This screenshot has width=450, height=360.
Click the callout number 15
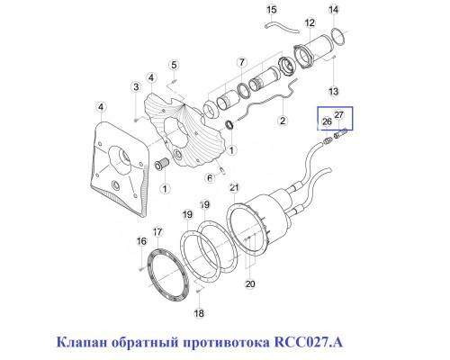(272, 9)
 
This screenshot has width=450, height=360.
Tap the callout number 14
(334, 9)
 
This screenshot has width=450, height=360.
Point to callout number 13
(333, 92)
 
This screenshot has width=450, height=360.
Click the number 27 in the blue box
(339, 114)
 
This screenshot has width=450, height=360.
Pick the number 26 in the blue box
(327, 121)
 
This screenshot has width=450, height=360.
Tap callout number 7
(240, 61)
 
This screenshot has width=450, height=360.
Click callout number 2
(281, 121)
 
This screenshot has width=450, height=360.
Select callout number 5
(175, 64)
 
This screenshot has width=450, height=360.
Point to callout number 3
(135, 86)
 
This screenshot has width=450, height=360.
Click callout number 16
(141, 241)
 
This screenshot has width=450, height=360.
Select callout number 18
(200, 313)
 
